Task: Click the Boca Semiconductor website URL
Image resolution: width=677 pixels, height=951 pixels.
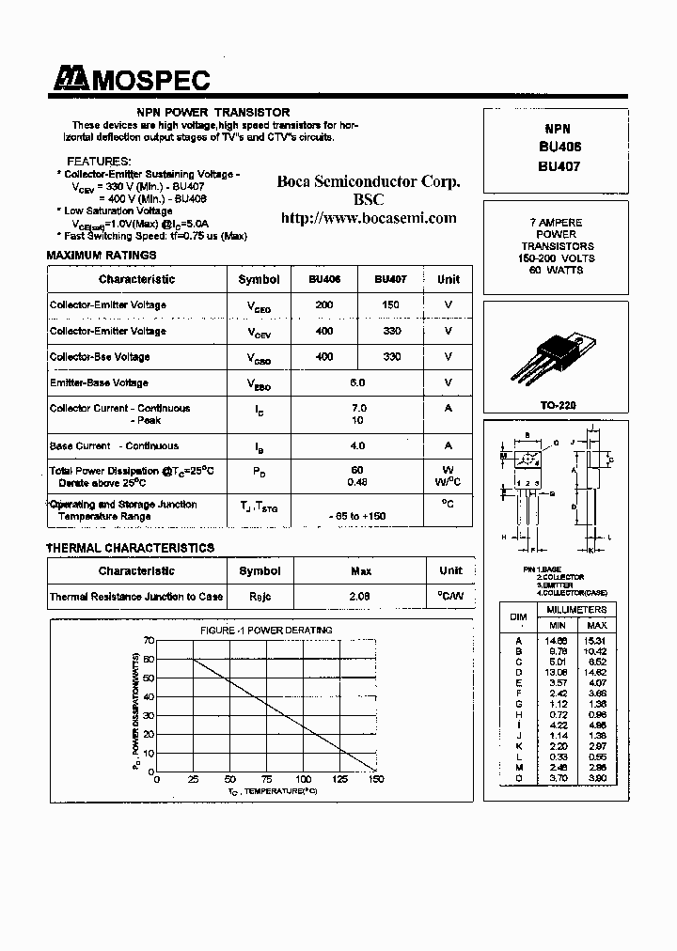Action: click(369, 218)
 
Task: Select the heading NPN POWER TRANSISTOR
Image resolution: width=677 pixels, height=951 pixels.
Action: click(213, 112)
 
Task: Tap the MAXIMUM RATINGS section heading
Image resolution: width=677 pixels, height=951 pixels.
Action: click(102, 256)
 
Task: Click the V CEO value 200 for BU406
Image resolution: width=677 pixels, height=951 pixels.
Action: click(324, 304)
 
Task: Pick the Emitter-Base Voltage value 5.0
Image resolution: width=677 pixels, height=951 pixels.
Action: click(357, 382)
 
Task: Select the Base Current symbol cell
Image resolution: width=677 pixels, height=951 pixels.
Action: click(259, 447)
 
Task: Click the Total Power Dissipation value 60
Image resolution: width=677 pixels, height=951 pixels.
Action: click(357, 469)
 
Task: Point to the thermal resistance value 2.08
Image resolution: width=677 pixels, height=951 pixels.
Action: click(360, 597)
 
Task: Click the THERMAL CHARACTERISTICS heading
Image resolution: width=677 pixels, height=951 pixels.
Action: click(131, 548)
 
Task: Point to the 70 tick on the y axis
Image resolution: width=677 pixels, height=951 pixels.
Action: click(148, 641)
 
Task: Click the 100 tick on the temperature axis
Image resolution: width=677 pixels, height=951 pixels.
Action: click(303, 779)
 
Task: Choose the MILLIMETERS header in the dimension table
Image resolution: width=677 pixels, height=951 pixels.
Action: click(576, 609)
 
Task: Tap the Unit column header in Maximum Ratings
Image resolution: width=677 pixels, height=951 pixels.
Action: click(449, 279)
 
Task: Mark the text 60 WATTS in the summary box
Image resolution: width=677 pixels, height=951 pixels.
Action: click(557, 270)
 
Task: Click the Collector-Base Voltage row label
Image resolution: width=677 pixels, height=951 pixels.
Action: click(100, 357)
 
